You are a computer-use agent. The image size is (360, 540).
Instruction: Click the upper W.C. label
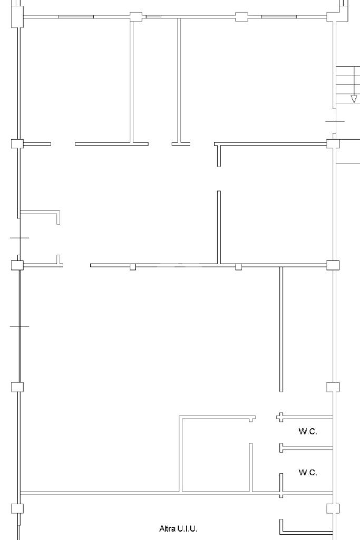click(x=308, y=431)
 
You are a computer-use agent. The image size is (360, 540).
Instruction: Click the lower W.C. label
click(x=308, y=472)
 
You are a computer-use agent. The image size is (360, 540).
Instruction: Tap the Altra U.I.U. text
click(x=178, y=528)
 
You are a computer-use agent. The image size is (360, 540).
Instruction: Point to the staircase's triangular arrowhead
click(x=354, y=99)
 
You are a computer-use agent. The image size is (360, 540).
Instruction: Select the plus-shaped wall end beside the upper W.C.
click(x=281, y=417)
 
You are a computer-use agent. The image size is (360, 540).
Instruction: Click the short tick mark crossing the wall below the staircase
click(x=335, y=121)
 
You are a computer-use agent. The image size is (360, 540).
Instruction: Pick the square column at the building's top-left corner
click(x=17, y=16)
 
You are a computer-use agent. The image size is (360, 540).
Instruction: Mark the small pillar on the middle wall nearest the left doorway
click(x=133, y=267)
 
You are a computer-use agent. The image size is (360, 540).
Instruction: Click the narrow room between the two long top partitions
click(x=154, y=79)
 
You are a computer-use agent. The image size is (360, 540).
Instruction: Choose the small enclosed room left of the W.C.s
click(x=216, y=455)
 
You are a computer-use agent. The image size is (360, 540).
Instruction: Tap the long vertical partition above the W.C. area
click(x=281, y=329)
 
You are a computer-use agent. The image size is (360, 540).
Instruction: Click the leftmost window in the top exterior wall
click(x=76, y=16)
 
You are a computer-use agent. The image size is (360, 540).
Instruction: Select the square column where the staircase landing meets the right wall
click(x=333, y=143)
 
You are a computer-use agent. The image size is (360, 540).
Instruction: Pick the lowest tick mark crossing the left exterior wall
click(x=20, y=326)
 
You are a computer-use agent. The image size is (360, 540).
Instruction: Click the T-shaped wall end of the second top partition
click(x=181, y=143)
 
